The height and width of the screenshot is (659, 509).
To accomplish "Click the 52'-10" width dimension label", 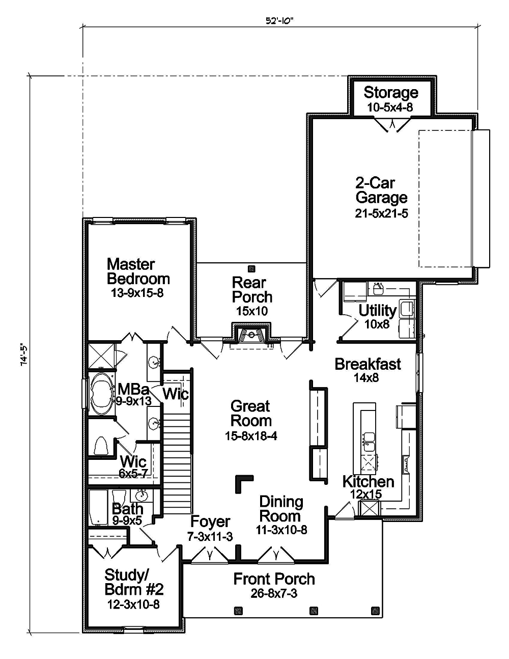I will pos(280,20).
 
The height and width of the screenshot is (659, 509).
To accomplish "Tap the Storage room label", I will pos(390,93).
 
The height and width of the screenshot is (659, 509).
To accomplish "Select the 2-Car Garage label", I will pos(381,190).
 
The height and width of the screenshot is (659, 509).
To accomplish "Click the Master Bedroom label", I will pos(138,271).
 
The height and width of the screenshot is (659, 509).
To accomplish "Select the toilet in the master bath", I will pos(101,446).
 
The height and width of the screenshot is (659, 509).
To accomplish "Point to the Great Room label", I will pos(250,414).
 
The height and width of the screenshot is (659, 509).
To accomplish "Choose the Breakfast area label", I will pos(367,364).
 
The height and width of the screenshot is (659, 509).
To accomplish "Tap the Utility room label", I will pos(377,310).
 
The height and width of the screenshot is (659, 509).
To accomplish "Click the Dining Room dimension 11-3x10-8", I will pos(281,530).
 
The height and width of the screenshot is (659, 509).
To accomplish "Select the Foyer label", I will pos(210,521).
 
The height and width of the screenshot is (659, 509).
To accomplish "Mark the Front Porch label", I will pos(274,579).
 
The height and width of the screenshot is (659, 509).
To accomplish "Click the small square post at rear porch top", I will pos(250,268).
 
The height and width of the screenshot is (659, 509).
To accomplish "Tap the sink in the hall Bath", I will pos(141,495).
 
